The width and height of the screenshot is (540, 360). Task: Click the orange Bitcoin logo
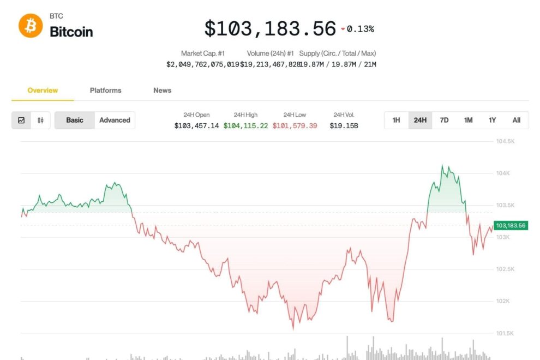pyautogui.click(x=31, y=26)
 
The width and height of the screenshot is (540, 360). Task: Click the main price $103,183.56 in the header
pyautogui.click(x=270, y=28)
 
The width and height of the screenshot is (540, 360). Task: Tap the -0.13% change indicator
pyautogui.click(x=358, y=29)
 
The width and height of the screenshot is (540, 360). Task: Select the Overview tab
pyautogui.click(x=43, y=91)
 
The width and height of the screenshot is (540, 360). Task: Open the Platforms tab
pyautogui.click(x=106, y=91)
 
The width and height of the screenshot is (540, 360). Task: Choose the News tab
pyautogui.click(x=162, y=91)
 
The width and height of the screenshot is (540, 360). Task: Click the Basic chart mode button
pyautogui.click(x=75, y=120)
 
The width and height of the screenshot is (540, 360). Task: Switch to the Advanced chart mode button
pyautogui.click(x=115, y=120)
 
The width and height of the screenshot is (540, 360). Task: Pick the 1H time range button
pyautogui.click(x=397, y=120)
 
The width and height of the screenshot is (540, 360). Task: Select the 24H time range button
pyautogui.click(x=420, y=120)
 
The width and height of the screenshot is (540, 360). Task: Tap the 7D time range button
pyautogui.click(x=444, y=120)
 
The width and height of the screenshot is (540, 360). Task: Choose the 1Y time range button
pyautogui.click(x=492, y=120)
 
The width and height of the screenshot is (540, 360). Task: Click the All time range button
pyautogui.click(x=516, y=120)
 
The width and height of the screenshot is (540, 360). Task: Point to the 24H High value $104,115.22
pyautogui.click(x=246, y=125)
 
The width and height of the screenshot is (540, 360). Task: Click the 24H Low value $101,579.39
pyautogui.click(x=295, y=125)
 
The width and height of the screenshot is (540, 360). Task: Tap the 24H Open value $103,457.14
pyautogui.click(x=196, y=125)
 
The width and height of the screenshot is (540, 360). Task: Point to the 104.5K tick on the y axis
pyautogui.click(x=505, y=141)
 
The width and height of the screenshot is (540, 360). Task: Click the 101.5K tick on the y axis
pyautogui.click(x=505, y=333)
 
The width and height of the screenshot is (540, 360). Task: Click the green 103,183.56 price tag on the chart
pyautogui.click(x=511, y=225)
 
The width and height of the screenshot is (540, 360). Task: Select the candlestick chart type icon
pyautogui.click(x=40, y=120)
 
